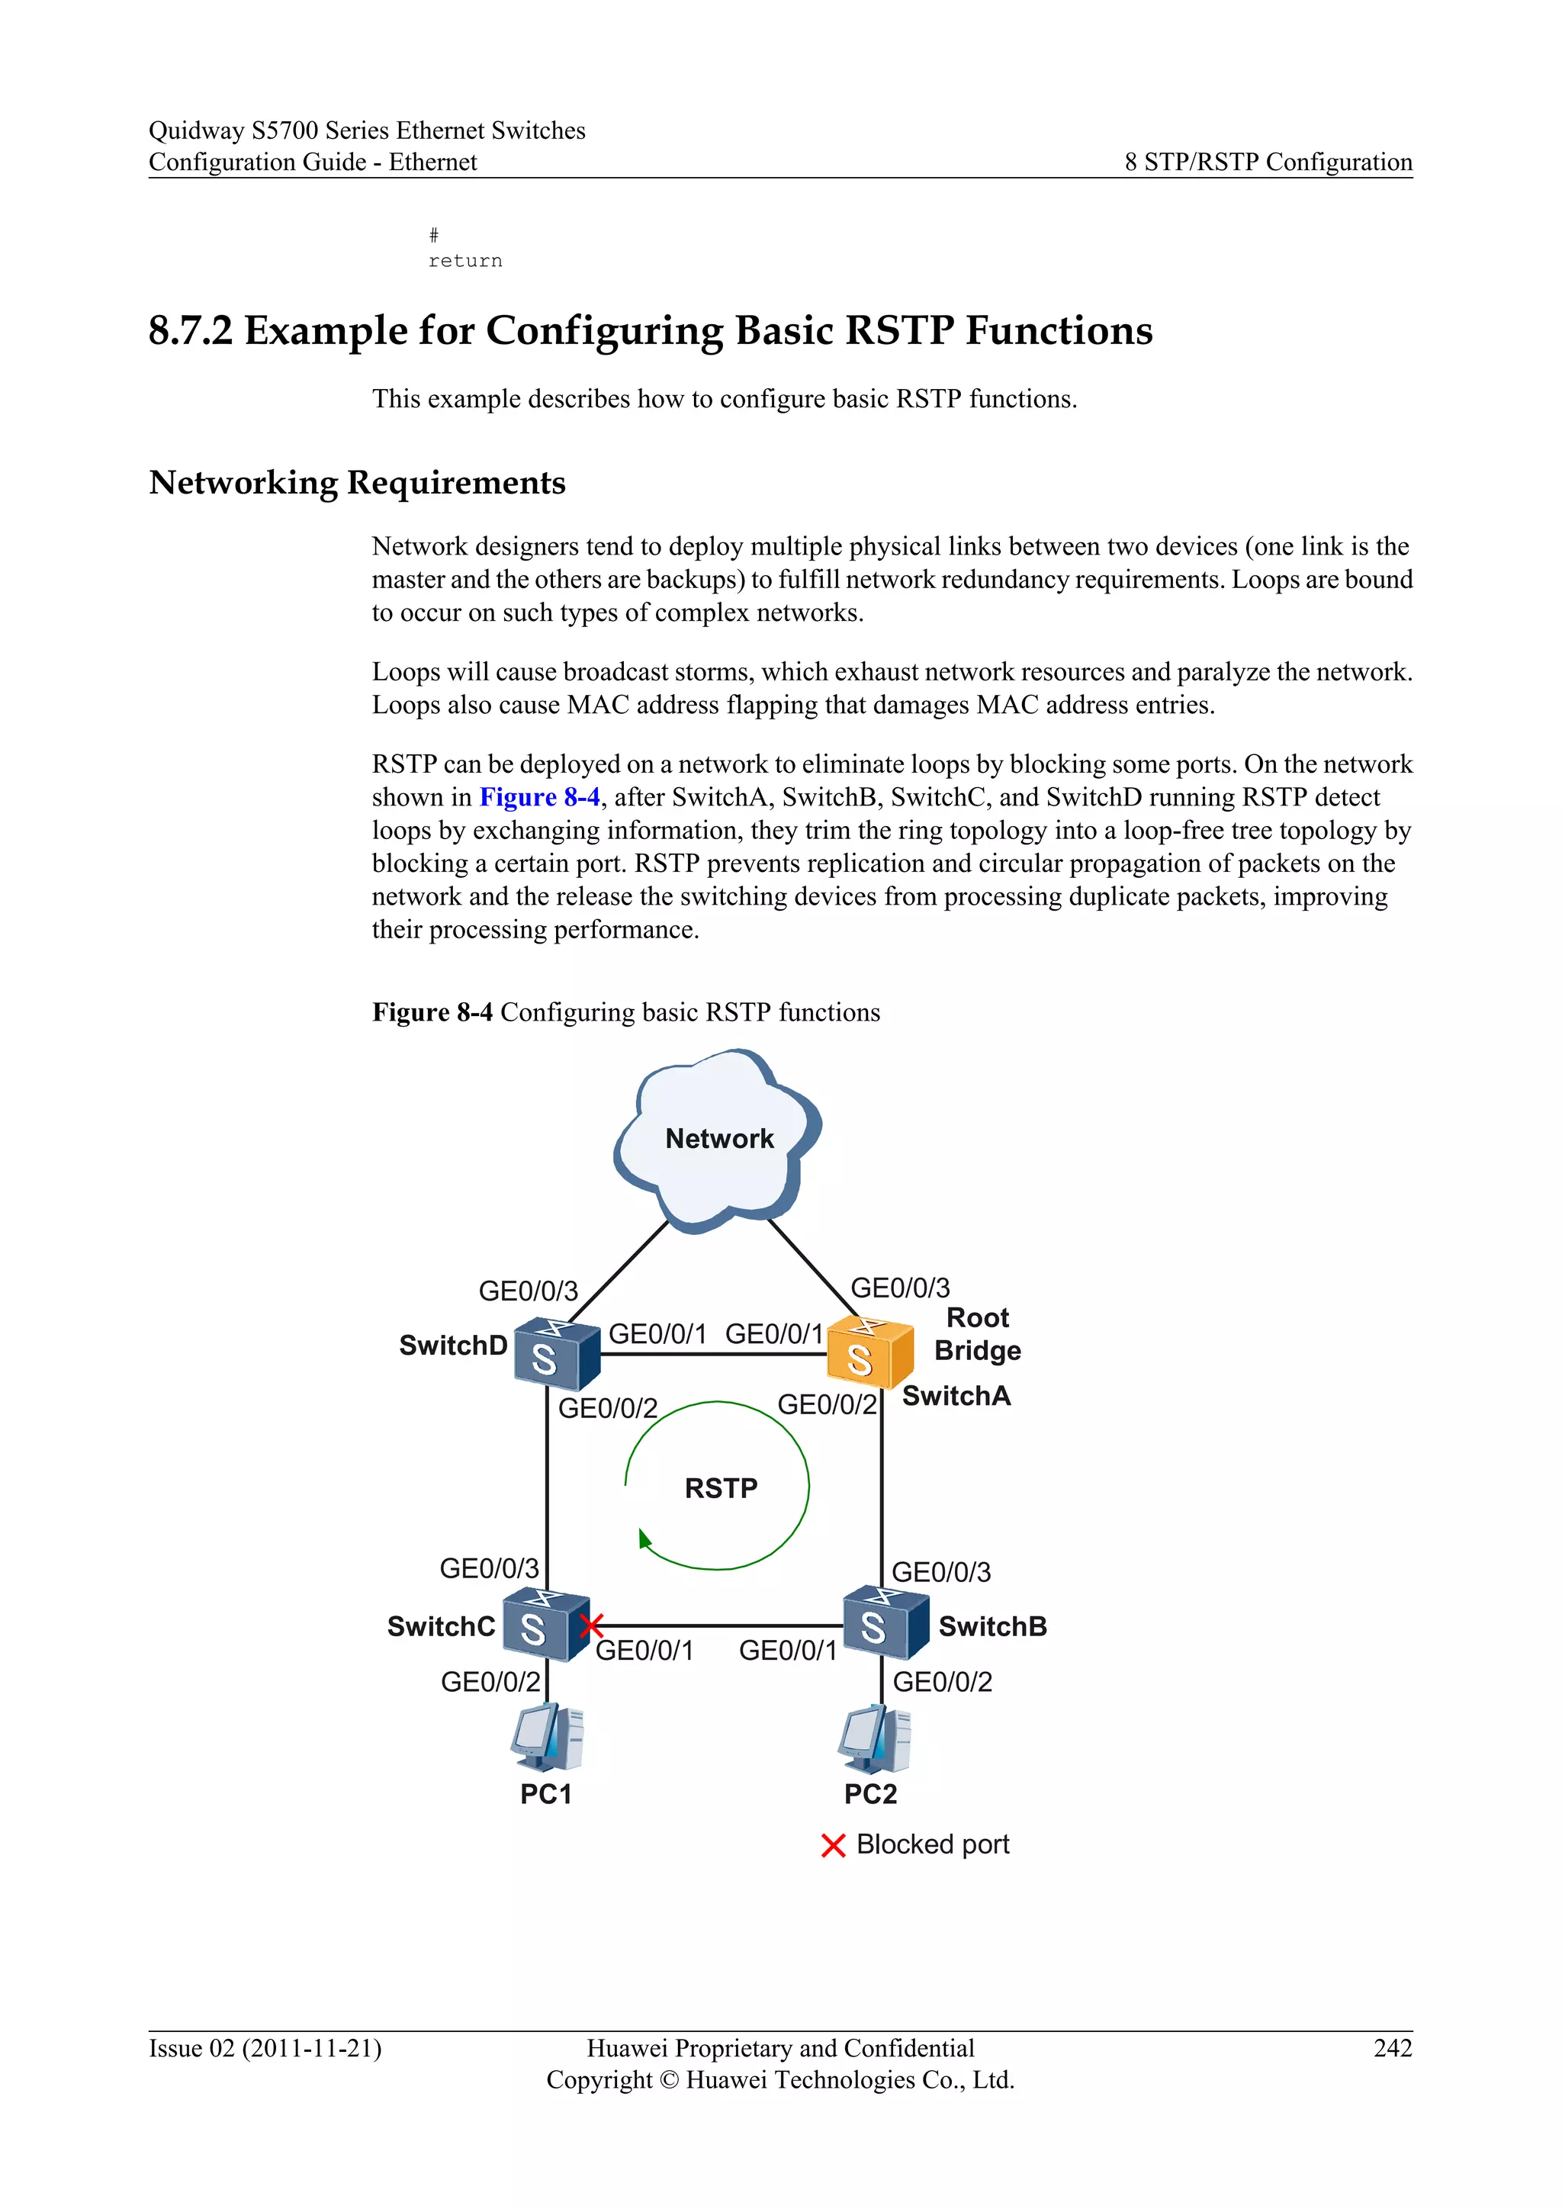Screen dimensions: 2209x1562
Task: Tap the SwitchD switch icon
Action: [555, 1354]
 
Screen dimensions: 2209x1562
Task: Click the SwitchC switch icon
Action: [545, 1624]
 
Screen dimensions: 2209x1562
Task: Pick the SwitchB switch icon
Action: [884, 1623]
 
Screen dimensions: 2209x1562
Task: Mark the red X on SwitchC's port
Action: [592, 1625]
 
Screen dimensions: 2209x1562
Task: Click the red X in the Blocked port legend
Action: [833, 1845]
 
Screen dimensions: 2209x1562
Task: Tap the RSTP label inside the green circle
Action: [721, 1488]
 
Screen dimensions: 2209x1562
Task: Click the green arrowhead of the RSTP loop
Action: [644, 1539]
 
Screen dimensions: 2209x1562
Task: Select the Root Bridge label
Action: [977, 1333]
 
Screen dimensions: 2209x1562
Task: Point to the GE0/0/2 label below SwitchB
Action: [942, 1682]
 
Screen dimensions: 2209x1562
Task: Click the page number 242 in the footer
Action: [1392, 2048]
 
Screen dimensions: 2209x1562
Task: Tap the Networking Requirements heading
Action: [357, 482]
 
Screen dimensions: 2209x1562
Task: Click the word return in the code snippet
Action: [464, 261]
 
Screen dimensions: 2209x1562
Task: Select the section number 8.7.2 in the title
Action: [191, 331]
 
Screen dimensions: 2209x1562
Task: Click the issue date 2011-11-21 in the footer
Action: [310, 2048]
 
